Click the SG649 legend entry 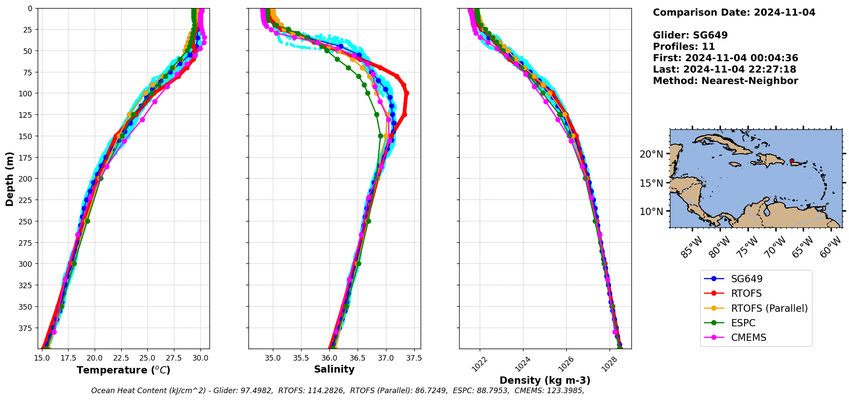coord(747,279)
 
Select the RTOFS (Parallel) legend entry coord(769,308)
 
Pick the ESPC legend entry coord(743,323)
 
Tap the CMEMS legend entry coord(748,337)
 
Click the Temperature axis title coord(123,370)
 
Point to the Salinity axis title coord(334,369)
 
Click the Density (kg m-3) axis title coord(545,380)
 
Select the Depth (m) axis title coord(9,179)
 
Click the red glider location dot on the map coord(792,161)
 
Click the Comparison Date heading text coord(734,12)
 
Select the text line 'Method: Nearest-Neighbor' coord(725,81)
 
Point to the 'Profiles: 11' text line coord(684,47)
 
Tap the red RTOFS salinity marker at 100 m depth coord(407,93)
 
